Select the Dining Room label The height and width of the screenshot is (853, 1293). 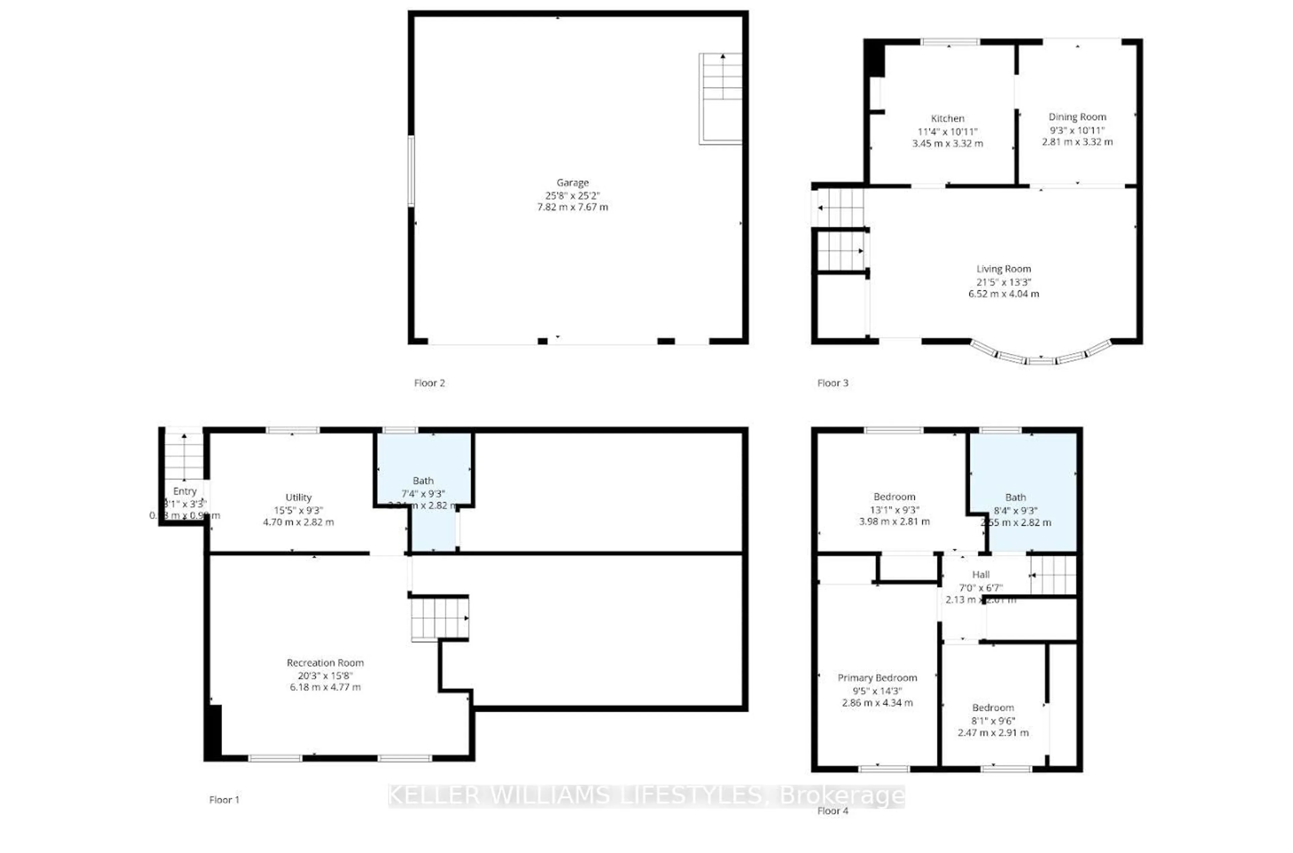(x=1077, y=117)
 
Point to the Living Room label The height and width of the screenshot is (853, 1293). (x=1003, y=269)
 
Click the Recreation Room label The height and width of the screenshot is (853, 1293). (x=325, y=662)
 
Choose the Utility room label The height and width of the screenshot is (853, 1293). (x=298, y=497)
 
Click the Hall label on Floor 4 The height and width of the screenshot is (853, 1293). (x=981, y=575)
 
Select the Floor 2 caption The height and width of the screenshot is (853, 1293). (x=429, y=383)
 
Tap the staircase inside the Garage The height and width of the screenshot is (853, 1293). (x=721, y=98)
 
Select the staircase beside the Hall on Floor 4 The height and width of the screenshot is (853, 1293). (x=1054, y=575)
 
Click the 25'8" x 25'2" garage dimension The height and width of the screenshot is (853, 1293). (x=572, y=195)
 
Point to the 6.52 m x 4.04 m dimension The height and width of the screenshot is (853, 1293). (x=1003, y=294)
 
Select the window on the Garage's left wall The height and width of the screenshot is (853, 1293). (x=411, y=170)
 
